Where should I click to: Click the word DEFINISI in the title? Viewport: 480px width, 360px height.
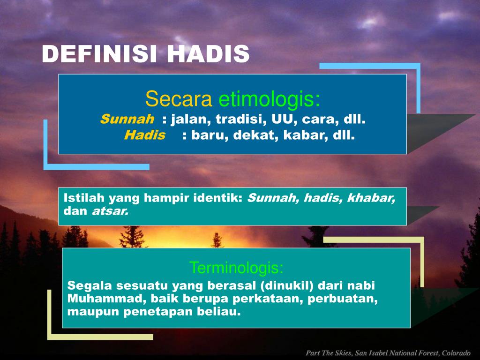99,54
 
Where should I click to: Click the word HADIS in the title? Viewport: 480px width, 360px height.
209,54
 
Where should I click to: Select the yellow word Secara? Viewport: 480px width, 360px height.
179,99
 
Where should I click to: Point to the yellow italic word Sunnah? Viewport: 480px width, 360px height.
127,119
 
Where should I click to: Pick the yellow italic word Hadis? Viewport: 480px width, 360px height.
145,135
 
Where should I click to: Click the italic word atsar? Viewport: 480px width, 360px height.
110,211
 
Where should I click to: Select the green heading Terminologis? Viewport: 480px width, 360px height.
236,268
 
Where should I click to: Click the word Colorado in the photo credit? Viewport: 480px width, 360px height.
456,353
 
